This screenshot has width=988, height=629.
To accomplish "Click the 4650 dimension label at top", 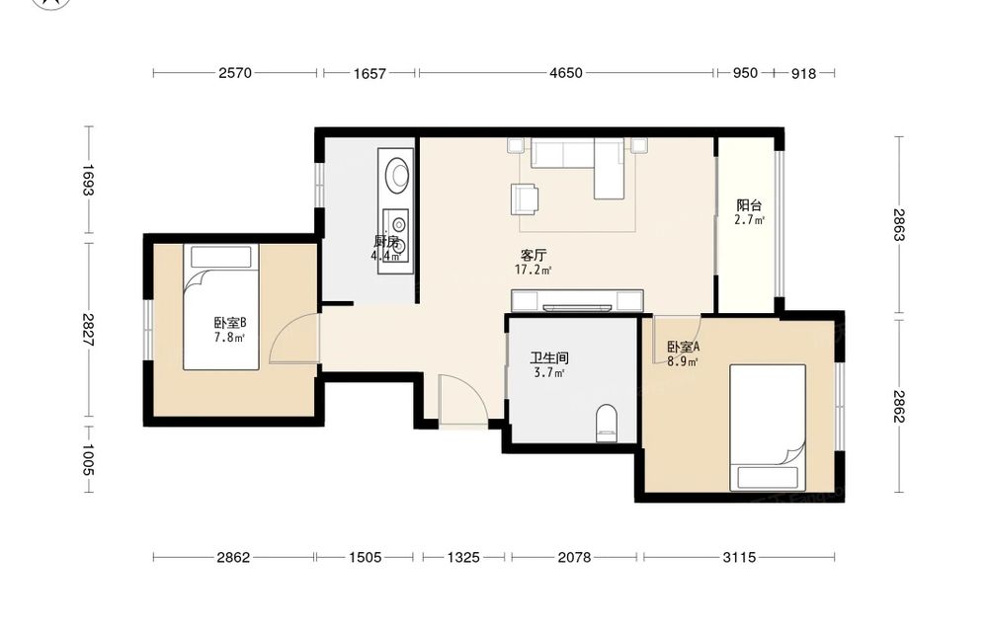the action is point(566,73).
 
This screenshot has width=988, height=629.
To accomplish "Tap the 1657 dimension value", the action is point(370,74).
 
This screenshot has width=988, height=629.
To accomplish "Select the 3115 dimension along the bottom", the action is point(739,557).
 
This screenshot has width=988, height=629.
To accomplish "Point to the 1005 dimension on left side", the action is point(87,460).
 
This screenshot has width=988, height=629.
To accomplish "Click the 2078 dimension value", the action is point(575,557).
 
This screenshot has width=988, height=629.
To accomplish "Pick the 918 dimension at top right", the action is point(803,74).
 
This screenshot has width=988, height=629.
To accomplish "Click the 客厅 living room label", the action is point(534,255).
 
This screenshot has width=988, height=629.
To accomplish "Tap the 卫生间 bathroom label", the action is point(549,358).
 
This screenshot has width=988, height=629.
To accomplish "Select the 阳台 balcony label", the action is point(749,205).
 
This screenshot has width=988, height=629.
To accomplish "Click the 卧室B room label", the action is point(230,323).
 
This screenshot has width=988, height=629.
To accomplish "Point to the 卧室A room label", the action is point(683,347).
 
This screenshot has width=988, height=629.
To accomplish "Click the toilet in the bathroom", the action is point(607,423).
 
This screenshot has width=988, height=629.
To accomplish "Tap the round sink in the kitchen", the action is point(397,175).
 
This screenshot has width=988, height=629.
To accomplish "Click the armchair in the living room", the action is point(525,198).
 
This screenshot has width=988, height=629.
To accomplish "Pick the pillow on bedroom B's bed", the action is point(221,257).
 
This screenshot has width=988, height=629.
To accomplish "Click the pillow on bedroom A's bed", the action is point(768,478).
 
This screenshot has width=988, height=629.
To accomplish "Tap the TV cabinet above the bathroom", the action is point(577,301).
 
